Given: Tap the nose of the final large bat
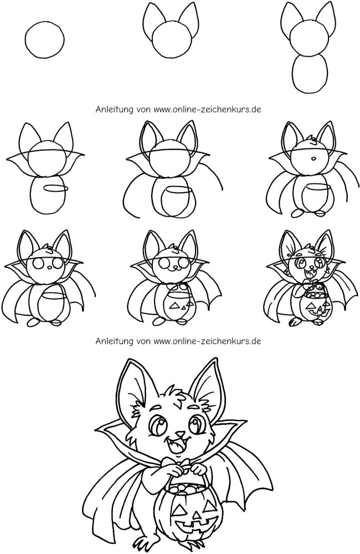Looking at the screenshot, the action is tap(180, 434).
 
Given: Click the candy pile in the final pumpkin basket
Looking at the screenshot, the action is tap(185, 489).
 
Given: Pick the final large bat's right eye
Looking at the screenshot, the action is tap(197, 423).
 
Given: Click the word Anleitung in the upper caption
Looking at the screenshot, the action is tap(114, 109).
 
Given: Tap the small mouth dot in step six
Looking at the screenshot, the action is tap(313, 158).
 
